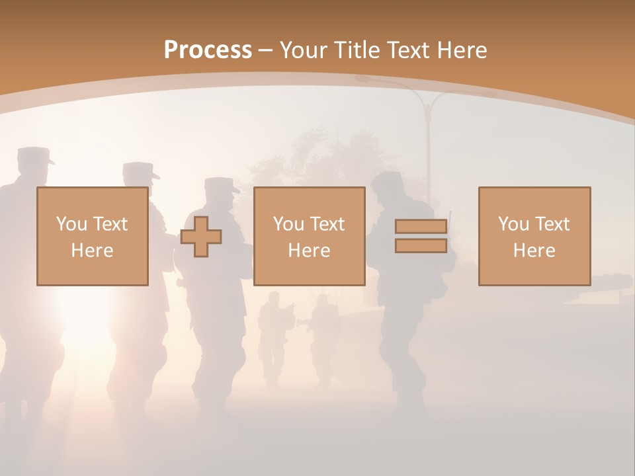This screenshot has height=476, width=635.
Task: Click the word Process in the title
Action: (208, 50)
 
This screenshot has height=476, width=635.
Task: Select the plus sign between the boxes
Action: (201, 237)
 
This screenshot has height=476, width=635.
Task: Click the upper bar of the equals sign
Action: (421, 227)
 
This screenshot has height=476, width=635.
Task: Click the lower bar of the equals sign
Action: (421, 245)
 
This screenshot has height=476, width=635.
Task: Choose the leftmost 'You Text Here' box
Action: (92, 237)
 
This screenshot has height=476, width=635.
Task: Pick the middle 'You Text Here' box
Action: (309, 237)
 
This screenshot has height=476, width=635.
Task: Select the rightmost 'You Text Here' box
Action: (534, 237)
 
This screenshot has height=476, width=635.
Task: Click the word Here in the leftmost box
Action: (92, 251)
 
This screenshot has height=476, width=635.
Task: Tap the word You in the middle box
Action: (288, 224)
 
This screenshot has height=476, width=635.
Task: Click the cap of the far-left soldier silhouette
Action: (33, 157)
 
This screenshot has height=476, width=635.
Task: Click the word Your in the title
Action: (304, 50)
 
